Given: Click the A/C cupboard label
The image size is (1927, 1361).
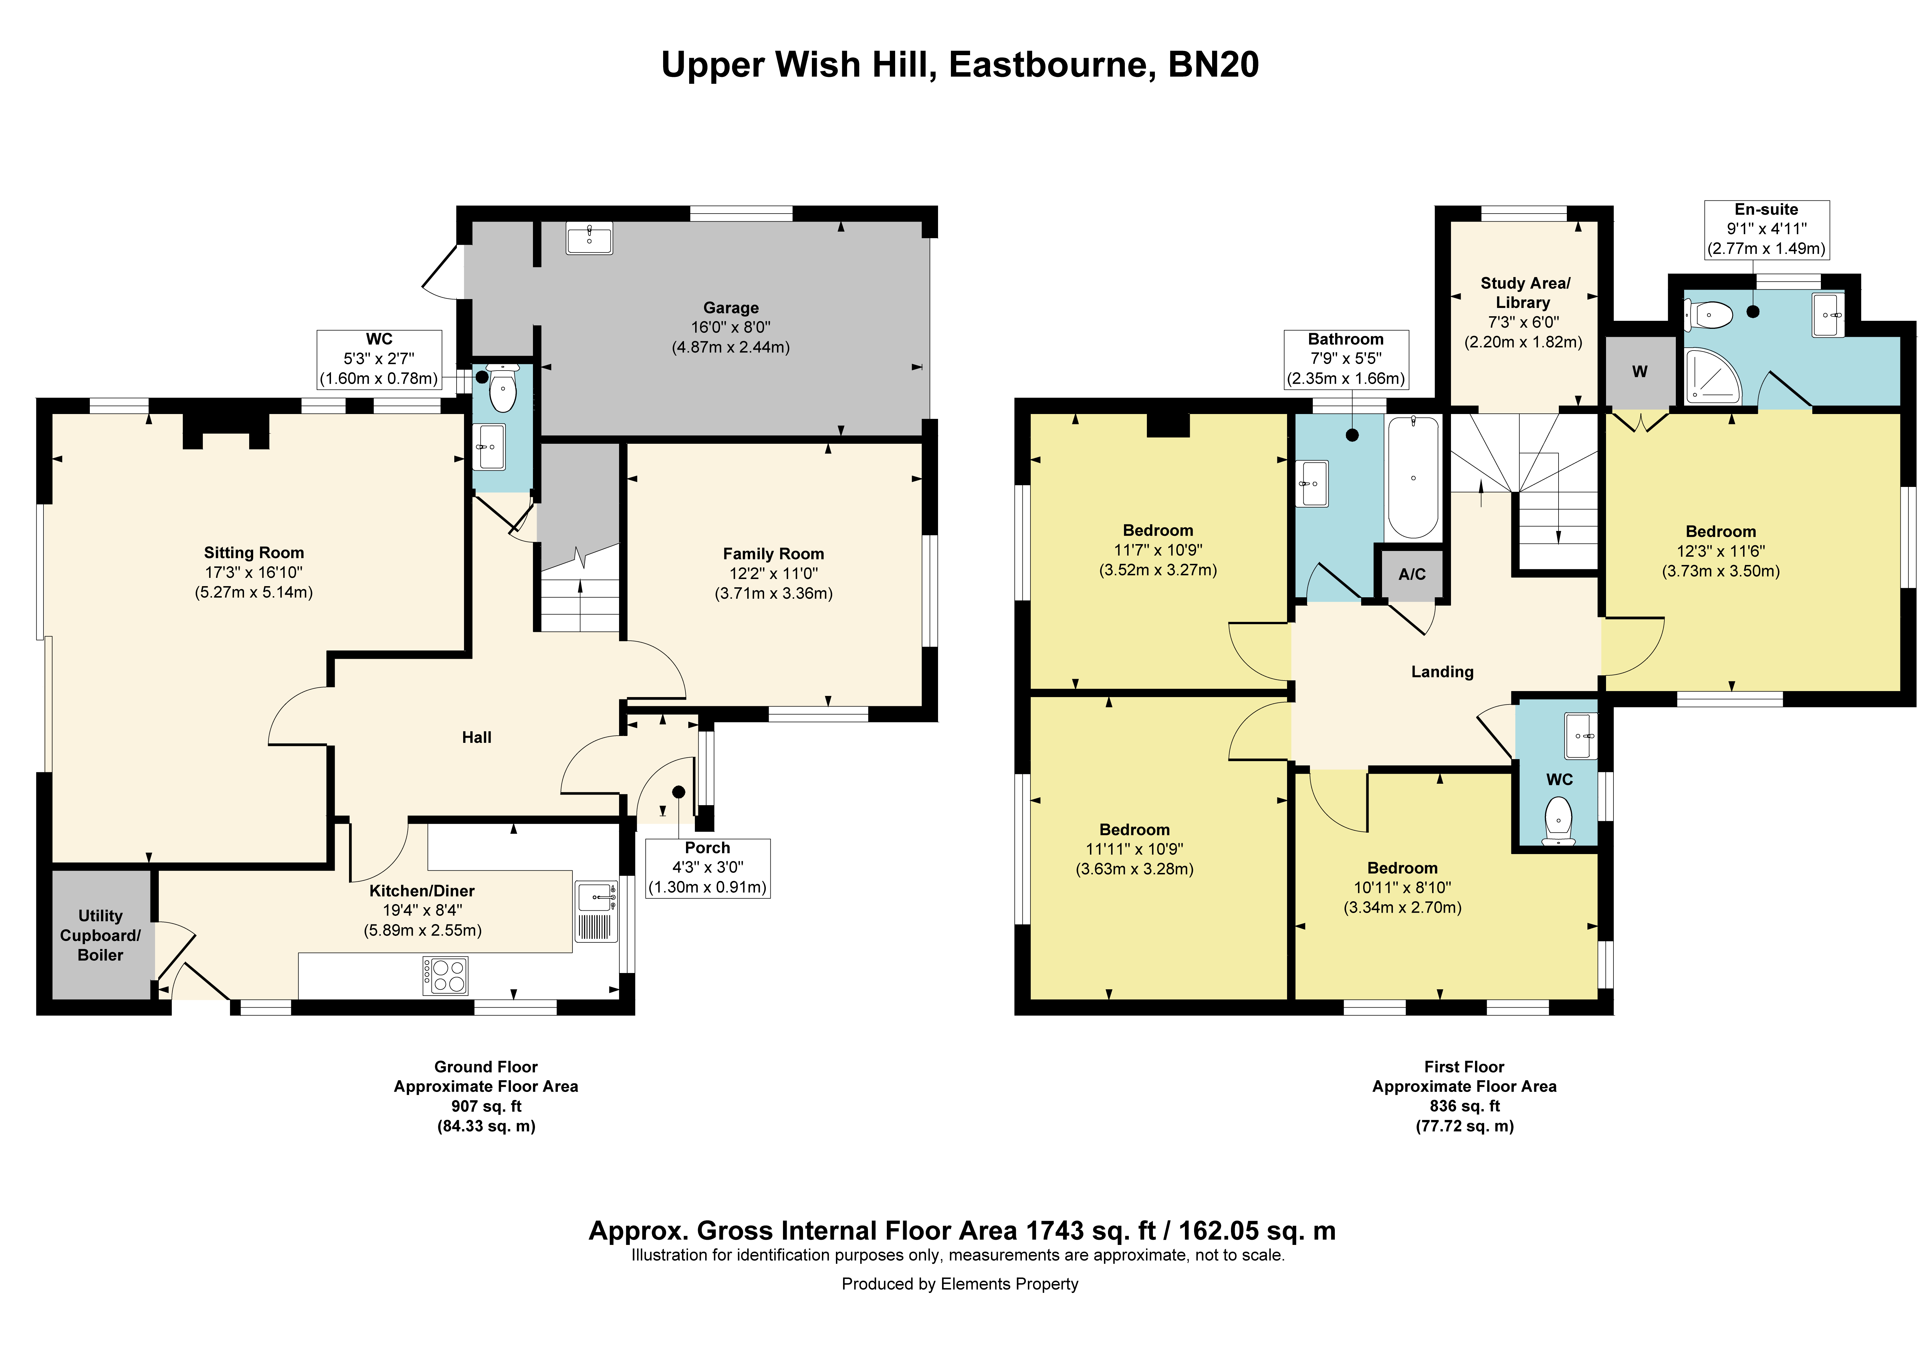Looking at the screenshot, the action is coord(1412,575).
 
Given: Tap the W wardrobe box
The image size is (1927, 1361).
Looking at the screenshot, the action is coord(1639,372).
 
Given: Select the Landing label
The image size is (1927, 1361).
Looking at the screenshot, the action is coord(1442,671).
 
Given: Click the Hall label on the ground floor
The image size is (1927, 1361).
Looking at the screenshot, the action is coord(477,738).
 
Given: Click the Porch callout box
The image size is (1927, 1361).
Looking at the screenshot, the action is coord(707,867).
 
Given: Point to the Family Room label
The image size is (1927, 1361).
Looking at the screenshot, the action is coord(773,554).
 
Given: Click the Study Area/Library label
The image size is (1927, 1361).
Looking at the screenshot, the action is coord(1524,293).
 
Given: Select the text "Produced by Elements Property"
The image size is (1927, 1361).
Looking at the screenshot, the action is coord(960,1284).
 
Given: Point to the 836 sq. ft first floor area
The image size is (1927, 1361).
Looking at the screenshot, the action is coord(1464,1106).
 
